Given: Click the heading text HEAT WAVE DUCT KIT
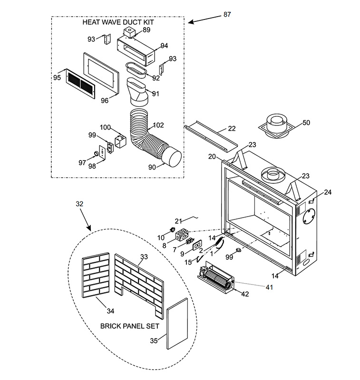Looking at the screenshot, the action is coord(118,22).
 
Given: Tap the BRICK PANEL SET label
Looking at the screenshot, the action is coord(130,326).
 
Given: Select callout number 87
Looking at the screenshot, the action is coord(227,15).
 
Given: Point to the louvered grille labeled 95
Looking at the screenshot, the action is coord(80,84).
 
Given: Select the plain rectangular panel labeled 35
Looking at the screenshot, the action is coord(177,323).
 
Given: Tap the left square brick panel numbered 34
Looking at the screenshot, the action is coord(96,275).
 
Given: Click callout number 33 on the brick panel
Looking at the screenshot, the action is coord(144,257).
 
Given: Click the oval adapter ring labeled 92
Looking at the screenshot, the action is coord(136,70).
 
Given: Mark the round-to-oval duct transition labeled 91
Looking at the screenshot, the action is coord(137,92).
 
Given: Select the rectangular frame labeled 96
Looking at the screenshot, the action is coord(101,73).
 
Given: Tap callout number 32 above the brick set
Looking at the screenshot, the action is coord(79,204).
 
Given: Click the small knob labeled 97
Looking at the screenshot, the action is coord(96,153).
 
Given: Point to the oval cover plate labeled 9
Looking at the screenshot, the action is coord(197,245).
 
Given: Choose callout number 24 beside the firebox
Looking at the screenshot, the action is coord(328,192).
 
